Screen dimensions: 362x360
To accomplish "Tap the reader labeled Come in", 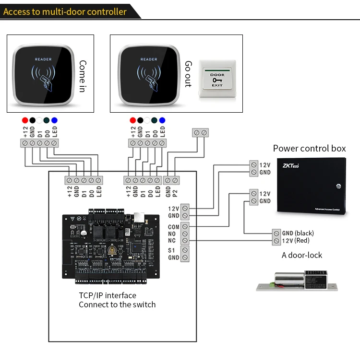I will click(42, 74).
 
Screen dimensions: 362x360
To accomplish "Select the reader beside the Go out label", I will click(149, 74).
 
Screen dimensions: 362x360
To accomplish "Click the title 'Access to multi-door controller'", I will click(65, 12).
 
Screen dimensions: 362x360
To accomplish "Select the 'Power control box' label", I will click(309, 148).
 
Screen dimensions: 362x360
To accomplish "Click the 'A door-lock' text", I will click(302, 255).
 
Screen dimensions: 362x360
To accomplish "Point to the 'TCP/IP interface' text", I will click(108, 295).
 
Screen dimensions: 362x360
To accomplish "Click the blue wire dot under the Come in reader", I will click(54, 120).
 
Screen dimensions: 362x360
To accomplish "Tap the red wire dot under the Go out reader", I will click(132, 120).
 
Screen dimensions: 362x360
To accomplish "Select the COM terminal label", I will click(174, 226).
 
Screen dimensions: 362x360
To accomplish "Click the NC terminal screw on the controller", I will click(185, 240).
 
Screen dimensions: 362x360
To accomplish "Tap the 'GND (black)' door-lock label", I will click(298, 233).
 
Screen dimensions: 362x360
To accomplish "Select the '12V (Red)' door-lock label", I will click(296, 240).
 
